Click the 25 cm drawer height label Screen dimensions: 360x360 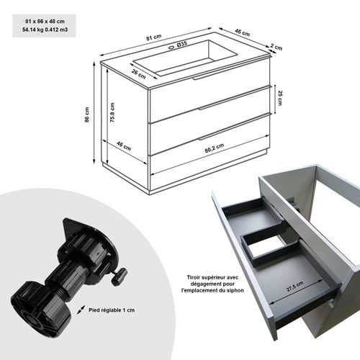click(280, 96)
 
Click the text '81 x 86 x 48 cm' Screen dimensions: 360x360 click(41, 21)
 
